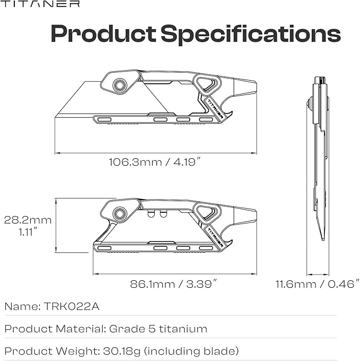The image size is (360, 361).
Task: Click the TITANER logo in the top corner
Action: point(40,4)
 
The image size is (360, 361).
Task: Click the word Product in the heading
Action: point(103,33)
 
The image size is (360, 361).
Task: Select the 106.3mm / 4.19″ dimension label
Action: point(155,162)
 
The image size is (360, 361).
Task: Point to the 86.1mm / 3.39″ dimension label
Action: point(173,283)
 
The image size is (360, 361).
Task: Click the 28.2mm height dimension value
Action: point(28,220)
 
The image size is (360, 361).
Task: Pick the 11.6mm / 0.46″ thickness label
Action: point(318,283)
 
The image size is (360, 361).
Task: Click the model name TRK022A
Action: point(71,306)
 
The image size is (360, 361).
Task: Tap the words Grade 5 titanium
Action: point(158,329)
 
